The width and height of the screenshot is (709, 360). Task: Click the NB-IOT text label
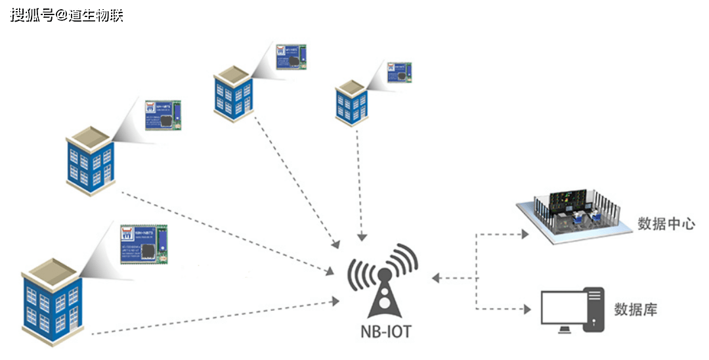click(385, 331)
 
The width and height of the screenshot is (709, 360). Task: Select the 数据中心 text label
click(666, 223)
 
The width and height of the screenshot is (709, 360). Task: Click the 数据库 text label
click(635, 309)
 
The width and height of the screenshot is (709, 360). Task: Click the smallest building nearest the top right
click(351, 102)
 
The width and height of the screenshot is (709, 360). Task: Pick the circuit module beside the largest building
click(144, 243)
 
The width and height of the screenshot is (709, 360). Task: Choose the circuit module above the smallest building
click(399, 72)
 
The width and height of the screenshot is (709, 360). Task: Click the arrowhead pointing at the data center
click(525, 233)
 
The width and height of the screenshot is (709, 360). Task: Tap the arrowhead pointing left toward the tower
click(435, 278)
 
